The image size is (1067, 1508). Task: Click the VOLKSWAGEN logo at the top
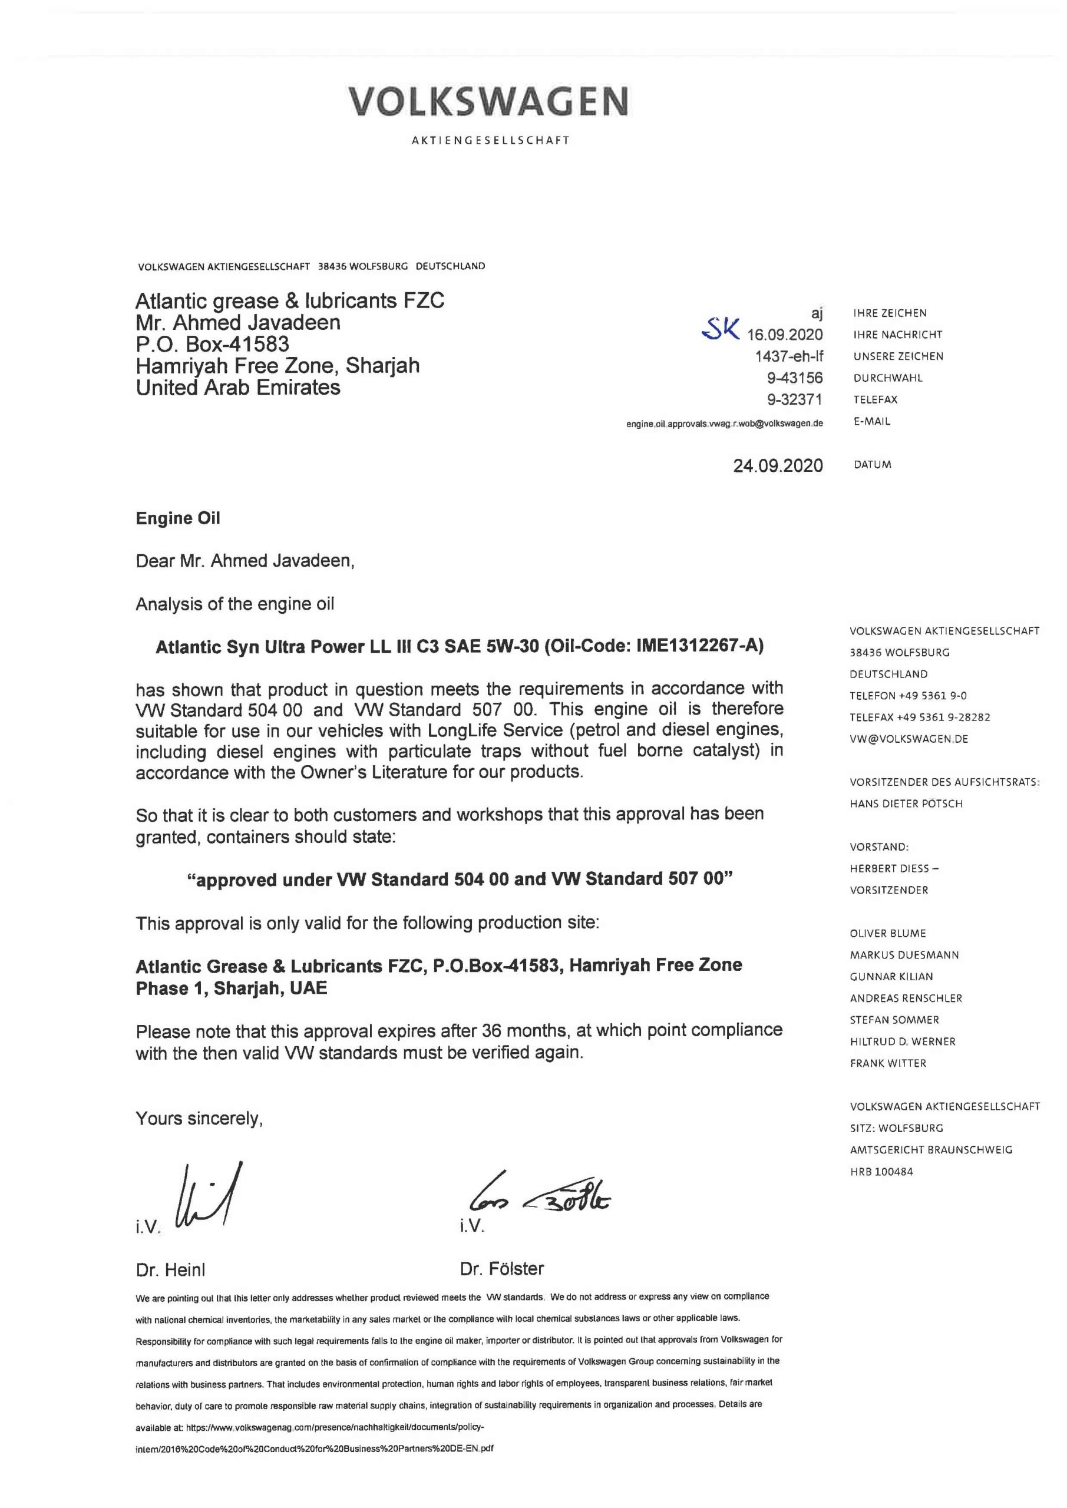490,102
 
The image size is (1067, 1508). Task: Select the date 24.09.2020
778,466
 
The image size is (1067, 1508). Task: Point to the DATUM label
873,465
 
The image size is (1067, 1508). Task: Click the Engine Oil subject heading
177,518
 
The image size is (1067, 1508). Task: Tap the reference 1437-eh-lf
788,356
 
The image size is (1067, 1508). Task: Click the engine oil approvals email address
724,424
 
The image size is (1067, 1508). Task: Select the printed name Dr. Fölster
502,1268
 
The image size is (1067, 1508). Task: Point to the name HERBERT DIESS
890,868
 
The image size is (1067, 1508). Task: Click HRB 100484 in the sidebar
881,1172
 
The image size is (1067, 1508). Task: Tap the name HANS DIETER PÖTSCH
906,804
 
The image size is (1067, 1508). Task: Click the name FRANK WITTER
888,1063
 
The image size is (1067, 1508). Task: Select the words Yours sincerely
199,1119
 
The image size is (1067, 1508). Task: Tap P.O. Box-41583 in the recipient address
212,344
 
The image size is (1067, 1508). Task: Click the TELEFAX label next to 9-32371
875,399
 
